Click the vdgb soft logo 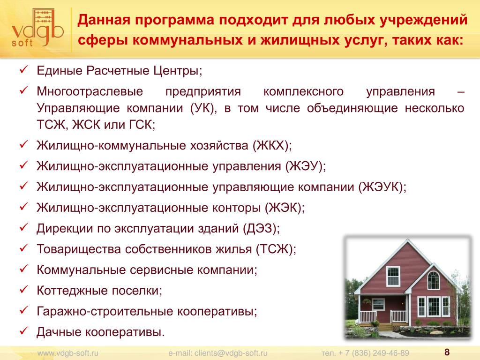[x=37, y=28]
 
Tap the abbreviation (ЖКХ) [x=272, y=145]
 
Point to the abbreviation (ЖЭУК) [x=382, y=187]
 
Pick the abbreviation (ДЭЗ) [x=261, y=228]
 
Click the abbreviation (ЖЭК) [x=285, y=208]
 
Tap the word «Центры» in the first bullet [x=178, y=71]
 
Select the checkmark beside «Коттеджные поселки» [x=23, y=289]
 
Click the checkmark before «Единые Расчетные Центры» [x=23, y=69]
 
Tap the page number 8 [x=447, y=352]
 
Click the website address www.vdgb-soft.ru [x=67, y=353]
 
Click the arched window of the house [x=433, y=280]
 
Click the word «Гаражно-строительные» [x=105, y=312]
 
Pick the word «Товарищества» [x=79, y=249]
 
